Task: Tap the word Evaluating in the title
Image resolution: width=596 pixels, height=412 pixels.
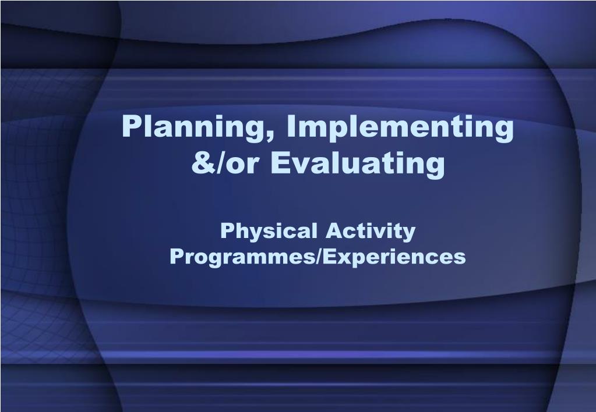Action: click(x=357, y=164)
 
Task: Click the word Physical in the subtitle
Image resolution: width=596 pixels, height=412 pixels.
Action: click(x=269, y=232)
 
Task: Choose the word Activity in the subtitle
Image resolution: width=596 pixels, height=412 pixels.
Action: click(x=371, y=232)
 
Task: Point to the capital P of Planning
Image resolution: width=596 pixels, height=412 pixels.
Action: click(x=132, y=126)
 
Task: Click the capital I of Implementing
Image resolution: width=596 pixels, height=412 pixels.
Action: click(x=290, y=126)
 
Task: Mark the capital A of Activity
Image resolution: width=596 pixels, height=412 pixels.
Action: click(x=334, y=230)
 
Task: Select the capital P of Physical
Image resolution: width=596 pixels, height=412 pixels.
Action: click(x=228, y=230)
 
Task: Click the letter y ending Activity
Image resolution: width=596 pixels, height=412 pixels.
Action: click(x=409, y=235)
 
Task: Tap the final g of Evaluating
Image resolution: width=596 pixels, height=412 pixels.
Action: click(x=435, y=168)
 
